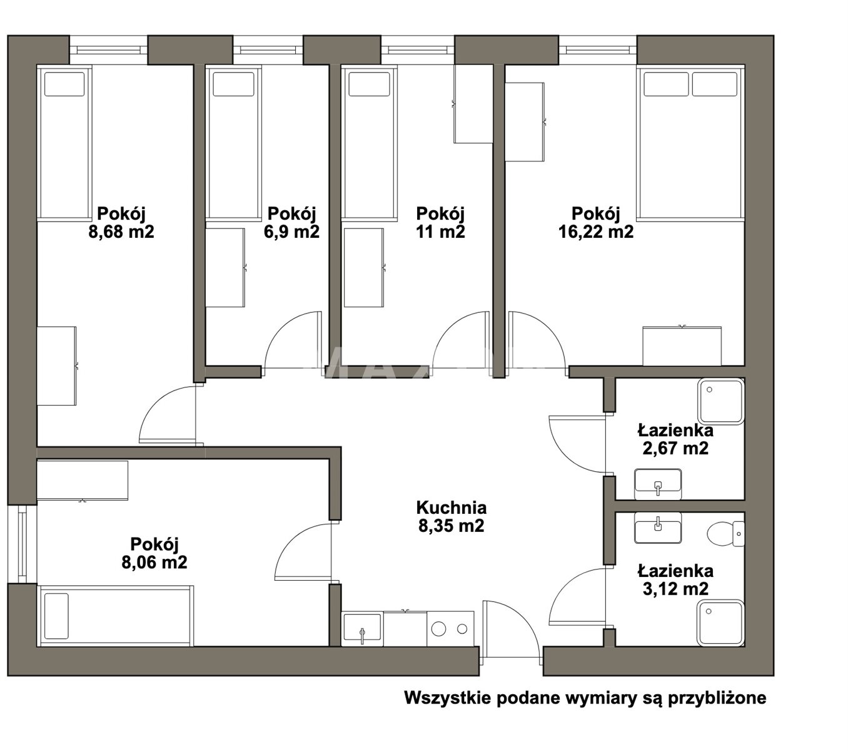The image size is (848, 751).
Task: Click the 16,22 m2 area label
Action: coord(595,231)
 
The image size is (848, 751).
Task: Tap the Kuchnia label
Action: coord(451,508)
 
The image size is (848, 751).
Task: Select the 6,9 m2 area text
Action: coord(291,231)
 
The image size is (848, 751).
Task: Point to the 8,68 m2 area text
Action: coord(121,231)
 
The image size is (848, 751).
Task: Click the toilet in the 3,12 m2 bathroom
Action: coord(725,534)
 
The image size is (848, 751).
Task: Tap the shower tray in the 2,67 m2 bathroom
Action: coord(720,401)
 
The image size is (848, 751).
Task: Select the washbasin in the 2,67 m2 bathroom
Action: coord(657,484)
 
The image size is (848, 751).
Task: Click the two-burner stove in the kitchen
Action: coord(450,629)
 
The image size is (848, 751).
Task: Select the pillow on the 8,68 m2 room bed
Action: coord(64,84)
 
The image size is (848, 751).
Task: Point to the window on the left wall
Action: coord(22,543)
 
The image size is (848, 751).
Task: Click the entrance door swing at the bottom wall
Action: coord(511,633)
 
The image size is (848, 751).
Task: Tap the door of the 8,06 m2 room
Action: coord(305,551)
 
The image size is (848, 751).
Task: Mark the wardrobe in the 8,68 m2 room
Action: coord(57,365)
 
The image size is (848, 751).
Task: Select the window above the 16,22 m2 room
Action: coord(598,50)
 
